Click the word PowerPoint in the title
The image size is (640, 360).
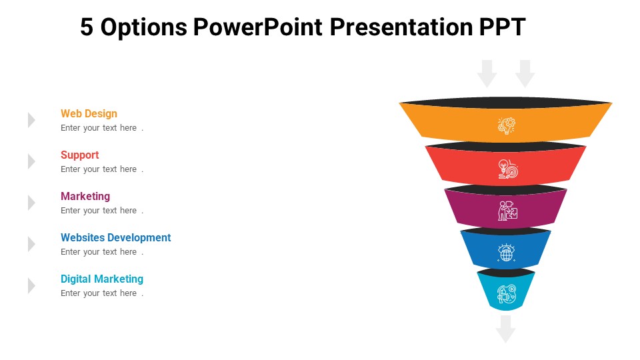point(257,27)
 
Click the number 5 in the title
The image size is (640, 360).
point(87,27)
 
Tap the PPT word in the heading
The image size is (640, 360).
point(502,27)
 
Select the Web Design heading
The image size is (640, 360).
point(89,113)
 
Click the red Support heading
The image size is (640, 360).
point(79,155)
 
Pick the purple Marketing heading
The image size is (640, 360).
point(85,196)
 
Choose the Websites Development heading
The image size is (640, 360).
point(115,237)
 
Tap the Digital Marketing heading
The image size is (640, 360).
point(102,279)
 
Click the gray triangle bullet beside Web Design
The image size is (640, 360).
point(31,120)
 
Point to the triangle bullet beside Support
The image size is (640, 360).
point(31,161)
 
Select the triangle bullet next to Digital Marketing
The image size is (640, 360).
point(31,285)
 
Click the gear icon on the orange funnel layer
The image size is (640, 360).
point(506,126)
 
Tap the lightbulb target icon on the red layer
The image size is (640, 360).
point(508,169)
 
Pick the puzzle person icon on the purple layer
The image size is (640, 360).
point(507,211)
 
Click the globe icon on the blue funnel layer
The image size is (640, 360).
point(506,252)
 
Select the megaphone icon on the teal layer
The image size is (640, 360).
point(506,294)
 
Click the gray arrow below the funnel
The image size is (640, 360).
point(506,329)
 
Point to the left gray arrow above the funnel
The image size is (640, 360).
point(487,73)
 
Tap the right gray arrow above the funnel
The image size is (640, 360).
point(525,73)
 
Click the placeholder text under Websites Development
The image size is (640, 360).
point(102,252)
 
